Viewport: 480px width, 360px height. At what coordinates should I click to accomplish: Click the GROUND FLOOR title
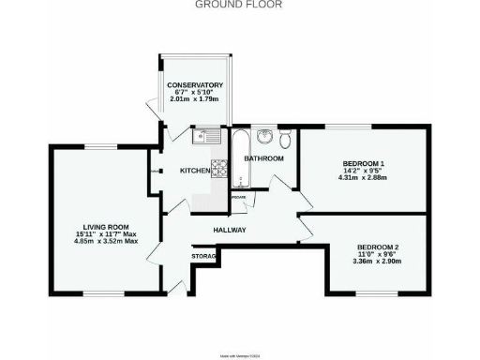[238, 5]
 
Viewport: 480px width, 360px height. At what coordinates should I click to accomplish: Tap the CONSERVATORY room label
[195, 85]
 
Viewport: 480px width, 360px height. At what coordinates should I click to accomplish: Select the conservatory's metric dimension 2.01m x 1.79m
[195, 98]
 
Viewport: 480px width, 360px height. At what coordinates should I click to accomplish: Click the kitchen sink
[204, 137]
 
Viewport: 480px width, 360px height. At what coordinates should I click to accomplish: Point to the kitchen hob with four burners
[218, 169]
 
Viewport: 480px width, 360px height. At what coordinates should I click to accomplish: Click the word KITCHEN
[194, 171]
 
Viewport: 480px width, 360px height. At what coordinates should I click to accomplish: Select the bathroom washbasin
[265, 139]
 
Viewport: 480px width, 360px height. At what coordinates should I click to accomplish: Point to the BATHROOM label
[263, 158]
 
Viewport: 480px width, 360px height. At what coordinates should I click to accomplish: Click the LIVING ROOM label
[106, 228]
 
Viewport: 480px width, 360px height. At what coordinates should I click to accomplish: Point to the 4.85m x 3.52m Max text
[106, 241]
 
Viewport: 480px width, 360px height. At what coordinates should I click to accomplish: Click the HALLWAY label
[229, 230]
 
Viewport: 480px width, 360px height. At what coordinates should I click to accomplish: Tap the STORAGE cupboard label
[205, 255]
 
